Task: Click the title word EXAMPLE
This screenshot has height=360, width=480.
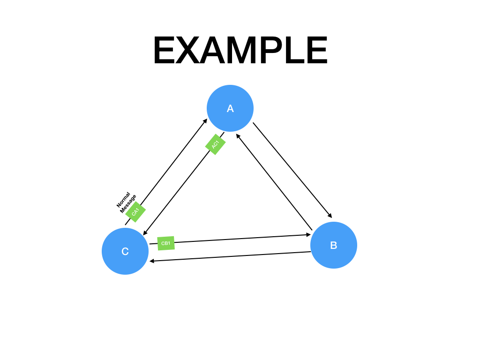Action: point(240,51)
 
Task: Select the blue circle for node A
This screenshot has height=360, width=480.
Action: point(230,108)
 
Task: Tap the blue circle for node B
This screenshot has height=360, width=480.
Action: point(334,245)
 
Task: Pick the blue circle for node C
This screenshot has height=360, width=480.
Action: point(125,251)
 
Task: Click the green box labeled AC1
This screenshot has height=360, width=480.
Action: point(216,144)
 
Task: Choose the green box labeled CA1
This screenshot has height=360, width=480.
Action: point(135,212)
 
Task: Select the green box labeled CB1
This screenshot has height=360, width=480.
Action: point(166,243)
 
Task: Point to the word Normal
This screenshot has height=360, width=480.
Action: point(123,200)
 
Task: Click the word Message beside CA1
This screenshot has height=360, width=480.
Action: point(128,204)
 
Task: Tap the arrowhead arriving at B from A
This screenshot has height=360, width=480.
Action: point(330,216)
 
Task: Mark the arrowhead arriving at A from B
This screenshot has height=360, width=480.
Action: point(238,136)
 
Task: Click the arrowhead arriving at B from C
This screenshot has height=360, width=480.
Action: point(308,235)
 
